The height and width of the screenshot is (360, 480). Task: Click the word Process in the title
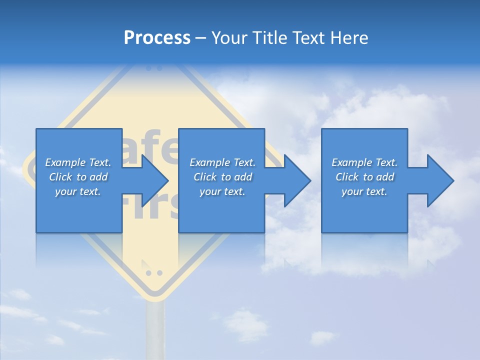pos(157,38)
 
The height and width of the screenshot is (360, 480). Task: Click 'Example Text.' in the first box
pos(78,162)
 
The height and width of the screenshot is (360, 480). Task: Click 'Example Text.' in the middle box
pos(222,162)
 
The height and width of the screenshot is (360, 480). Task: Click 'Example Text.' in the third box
pos(364,162)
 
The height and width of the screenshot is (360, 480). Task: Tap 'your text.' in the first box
pos(78,191)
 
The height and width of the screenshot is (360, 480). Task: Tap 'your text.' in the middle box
pos(222,191)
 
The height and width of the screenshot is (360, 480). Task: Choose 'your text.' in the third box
pos(364,191)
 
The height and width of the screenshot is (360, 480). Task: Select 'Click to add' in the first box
pos(78,177)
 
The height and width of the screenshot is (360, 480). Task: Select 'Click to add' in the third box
pos(364,177)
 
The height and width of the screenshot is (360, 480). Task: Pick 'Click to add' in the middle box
pos(222,177)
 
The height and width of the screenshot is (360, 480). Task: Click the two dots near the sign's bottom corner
pos(153,273)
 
